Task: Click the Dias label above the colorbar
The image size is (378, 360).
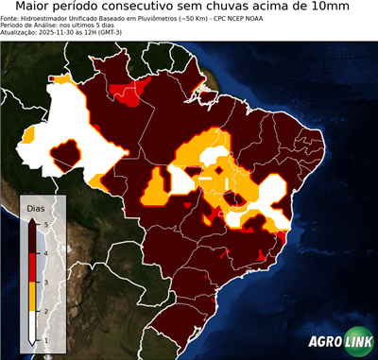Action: [x=36, y=207]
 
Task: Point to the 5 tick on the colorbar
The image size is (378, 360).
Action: [x=45, y=224]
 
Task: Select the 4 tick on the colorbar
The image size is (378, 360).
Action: [x=45, y=253]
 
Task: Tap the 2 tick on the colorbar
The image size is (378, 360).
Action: [x=45, y=311]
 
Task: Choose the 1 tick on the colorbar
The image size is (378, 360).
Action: [x=45, y=339]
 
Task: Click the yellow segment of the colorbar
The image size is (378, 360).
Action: [x=33, y=297]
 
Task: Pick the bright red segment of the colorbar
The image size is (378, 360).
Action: [x=33, y=267]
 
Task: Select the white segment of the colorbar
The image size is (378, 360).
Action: [x=33, y=325]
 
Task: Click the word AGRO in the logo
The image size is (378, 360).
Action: [x=323, y=343]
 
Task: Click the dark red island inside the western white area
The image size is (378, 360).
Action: [x=66, y=151]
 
